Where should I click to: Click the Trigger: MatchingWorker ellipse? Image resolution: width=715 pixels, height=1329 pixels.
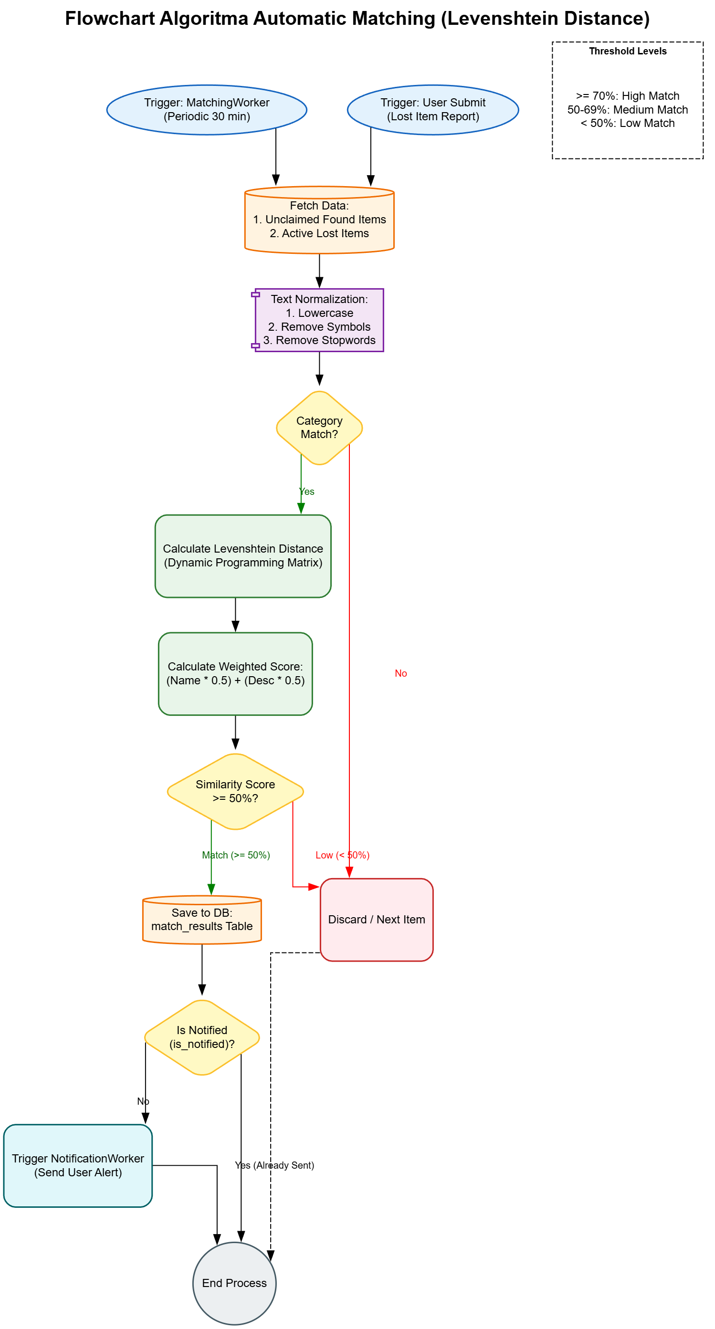tap(206, 109)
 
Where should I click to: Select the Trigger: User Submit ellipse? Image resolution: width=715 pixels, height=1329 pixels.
tap(432, 109)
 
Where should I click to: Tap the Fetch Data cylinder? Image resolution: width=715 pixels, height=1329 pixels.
tap(319, 220)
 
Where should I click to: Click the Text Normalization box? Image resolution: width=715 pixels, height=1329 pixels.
tap(319, 320)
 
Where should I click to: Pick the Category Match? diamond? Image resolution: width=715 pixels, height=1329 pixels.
tap(319, 428)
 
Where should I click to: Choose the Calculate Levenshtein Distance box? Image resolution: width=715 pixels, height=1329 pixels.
tap(242, 555)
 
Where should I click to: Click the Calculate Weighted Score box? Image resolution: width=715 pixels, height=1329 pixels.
tap(235, 673)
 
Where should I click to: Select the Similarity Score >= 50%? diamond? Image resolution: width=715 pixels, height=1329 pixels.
tap(235, 791)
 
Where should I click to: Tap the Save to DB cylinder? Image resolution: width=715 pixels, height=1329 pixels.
tap(202, 920)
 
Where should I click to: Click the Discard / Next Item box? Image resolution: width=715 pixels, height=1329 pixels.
tap(376, 920)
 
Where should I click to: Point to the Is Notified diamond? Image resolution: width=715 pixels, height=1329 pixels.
tap(202, 1037)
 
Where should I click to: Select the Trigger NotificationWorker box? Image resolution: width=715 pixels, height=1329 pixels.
tap(78, 1165)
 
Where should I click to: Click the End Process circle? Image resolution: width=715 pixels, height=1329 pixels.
tap(234, 1283)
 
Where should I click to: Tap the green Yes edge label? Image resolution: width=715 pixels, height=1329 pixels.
tap(307, 492)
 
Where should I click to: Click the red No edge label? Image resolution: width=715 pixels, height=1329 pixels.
tap(400, 673)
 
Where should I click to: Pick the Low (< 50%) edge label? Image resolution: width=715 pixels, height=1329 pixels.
tap(342, 856)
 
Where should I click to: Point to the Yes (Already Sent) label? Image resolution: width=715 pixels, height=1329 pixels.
tap(274, 1165)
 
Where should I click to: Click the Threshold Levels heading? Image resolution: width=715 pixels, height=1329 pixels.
tap(627, 51)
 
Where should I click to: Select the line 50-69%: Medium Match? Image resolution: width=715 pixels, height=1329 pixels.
tap(627, 109)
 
